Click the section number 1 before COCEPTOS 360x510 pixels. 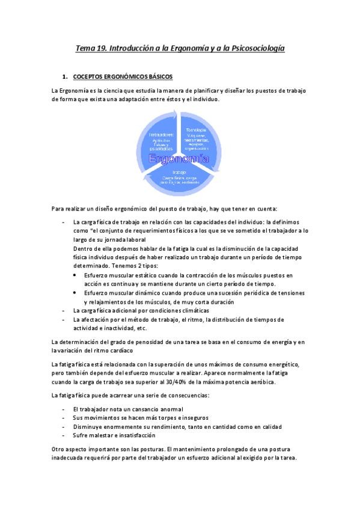pyautogui.click(x=64, y=77)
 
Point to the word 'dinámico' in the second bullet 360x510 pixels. pyautogui.click(x=143, y=292)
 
